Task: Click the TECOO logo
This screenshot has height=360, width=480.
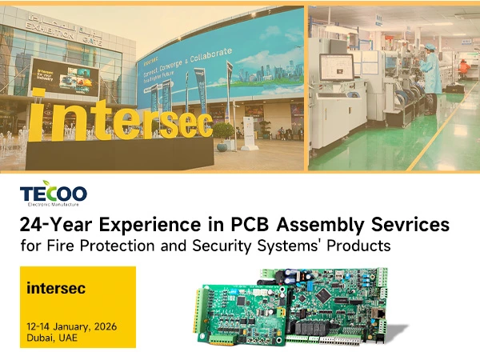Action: click(54, 192)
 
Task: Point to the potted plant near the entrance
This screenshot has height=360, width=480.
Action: click(225, 133)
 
